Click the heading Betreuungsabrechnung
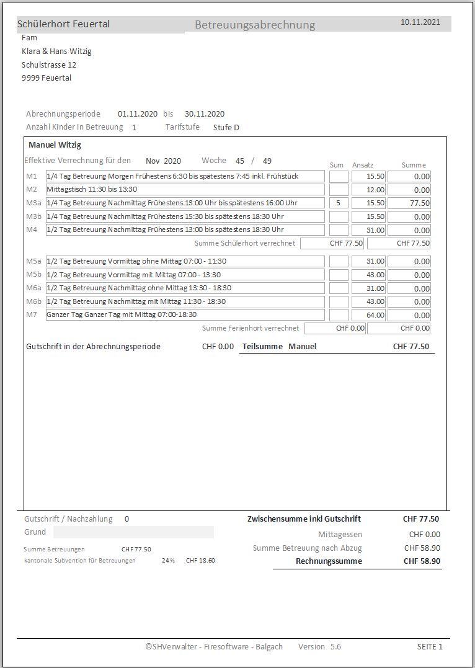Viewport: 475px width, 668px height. click(x=255, y=25)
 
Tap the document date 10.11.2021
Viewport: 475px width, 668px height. click(x=420, y=22)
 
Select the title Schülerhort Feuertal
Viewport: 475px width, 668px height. click(x=63, y=24)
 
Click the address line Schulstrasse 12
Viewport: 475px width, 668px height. click(x=49, y=65)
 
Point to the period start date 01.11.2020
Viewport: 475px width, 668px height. click(x=137, y=114)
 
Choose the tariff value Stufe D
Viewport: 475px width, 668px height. click(x=226, y=128)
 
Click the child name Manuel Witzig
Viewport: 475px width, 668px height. click(x=55, y=145)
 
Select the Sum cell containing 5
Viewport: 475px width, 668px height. click(x=339, y=203)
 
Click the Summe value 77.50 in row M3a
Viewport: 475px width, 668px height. click(x=409, y=203)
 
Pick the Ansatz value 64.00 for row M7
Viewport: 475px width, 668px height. click(x=368, y=315)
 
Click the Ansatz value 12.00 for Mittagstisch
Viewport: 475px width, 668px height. click(x=368, y=190)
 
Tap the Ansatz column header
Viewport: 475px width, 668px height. click(x=363, y=165)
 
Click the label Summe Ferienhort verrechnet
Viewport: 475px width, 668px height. click(x=251, y=328)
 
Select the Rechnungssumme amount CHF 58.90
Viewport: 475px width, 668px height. click(x=422, y=561)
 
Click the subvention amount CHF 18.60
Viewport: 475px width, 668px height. click(x=200, y=560)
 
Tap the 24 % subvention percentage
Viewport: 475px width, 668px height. click(x=168, y=560)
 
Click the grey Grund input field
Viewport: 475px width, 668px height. click(x=133, y=532)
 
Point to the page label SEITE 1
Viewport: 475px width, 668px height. click(x=430, y=647)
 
